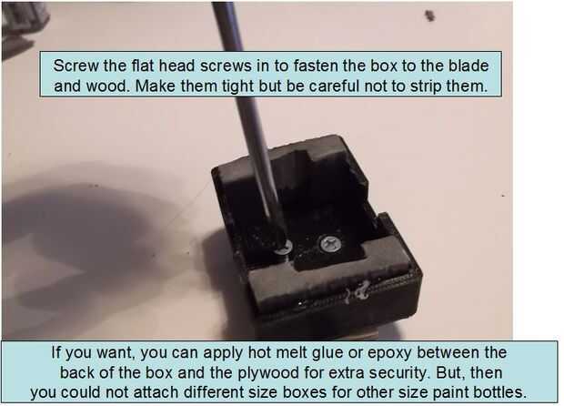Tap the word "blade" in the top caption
click(x=468, y=66)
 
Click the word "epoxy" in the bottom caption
click(x=389, y=353)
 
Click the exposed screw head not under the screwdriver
click(x=331, y=244)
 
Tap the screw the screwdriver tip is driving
click(x=284, y=248)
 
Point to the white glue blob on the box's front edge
click(x=358, y=291)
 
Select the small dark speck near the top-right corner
click(x=430, y=15)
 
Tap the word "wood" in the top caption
click(x=107, y=86)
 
